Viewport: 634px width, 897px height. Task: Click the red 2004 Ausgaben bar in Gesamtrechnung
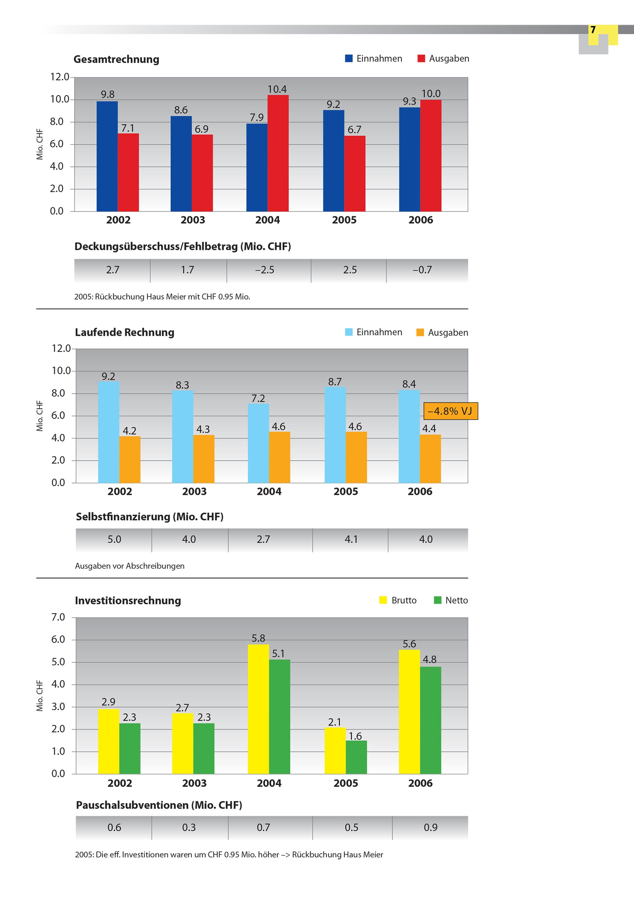coord(278,153)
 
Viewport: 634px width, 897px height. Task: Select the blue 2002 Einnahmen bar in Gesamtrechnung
coord(107,156)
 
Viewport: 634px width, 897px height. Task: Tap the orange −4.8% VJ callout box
coord(450,411)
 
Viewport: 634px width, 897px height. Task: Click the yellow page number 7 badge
coord(593,30)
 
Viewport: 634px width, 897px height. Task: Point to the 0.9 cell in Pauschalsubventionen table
coord(430,827)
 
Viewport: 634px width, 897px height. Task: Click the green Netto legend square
coord(438,600)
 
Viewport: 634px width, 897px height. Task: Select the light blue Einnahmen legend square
coord(349,332)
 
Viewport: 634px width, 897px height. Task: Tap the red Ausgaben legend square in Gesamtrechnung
coord(421,59)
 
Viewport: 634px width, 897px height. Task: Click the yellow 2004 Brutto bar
coord(258,709)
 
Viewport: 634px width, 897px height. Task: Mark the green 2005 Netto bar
coord(356,757)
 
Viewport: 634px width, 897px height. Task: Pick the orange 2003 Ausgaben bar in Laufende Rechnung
coord(204,459)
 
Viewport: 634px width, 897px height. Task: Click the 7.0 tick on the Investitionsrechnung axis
coord(58,617)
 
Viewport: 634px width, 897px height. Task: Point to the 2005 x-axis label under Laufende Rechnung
coord(345,492)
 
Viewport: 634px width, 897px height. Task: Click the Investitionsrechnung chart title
coord(128,601)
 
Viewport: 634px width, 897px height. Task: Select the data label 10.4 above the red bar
coord(277,89)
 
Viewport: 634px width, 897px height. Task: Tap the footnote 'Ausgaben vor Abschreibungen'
coord(130,566)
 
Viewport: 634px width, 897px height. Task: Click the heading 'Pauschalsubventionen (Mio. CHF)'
coord(159,805)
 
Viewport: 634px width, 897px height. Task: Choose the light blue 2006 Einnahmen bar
coord(409,436)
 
